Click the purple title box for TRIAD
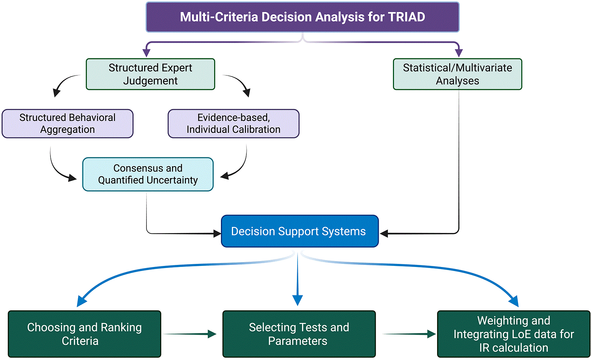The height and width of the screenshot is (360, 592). [x=303, y=17]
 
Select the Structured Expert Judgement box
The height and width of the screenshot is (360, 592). [x=150, y=74]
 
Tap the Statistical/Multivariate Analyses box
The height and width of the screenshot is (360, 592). [x=458, y=74]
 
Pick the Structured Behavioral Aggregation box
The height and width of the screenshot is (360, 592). [x=67, y=123]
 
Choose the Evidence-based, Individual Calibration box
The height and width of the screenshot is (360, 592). [x=234, y=123]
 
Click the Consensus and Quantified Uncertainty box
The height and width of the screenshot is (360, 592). [x=148, y=174]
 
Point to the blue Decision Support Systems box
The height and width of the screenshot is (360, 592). [x=300, y=231]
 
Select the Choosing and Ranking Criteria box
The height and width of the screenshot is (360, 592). [x=85, y=334]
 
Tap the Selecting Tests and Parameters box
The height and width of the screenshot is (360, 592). [x=299, y=334]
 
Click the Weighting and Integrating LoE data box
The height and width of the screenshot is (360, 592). [x=514, y=334]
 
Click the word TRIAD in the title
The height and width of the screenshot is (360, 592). [x=406, y=17]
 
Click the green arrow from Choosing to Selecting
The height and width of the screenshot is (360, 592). [x=189, y=334]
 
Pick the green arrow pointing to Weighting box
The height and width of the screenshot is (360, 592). [x=409, y=334]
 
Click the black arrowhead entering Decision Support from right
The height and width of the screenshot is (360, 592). [x=384, y=233]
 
